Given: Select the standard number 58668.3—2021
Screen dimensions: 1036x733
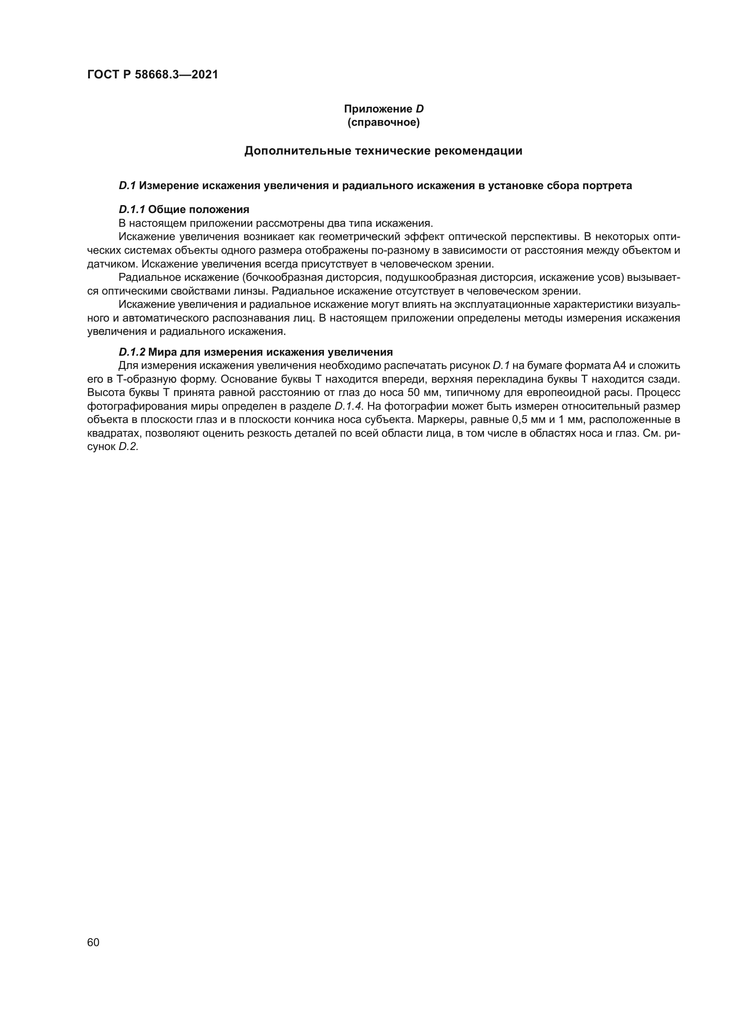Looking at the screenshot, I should click(176, 75).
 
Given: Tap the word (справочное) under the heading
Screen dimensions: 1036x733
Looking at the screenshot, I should click(384, 123).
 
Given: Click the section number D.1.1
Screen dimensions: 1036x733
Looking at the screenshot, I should click(132, 210).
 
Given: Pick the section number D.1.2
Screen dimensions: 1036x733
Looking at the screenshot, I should click(132, 353).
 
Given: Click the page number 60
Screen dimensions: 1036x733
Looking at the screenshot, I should click(94, 943).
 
